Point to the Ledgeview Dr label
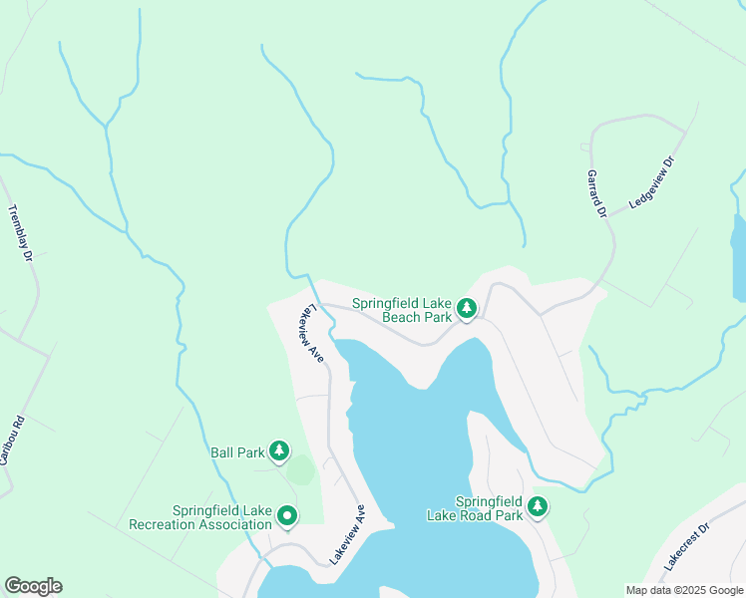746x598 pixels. coord(652,182)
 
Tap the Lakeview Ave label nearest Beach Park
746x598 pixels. coord(308,332)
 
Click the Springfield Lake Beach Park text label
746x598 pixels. coord(402,311)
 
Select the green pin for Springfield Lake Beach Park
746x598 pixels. coord(466,310)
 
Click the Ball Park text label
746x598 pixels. coord(237,452)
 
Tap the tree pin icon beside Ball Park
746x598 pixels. coord(280,452)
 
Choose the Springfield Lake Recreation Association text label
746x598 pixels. coord(207,517)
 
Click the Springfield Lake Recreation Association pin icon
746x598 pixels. coord(287,515)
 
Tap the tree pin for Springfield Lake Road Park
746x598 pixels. coord(538,507)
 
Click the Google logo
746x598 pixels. coord(33,586)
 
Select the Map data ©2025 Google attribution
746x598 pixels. coord(684,590)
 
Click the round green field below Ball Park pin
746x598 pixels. coord(300,470)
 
